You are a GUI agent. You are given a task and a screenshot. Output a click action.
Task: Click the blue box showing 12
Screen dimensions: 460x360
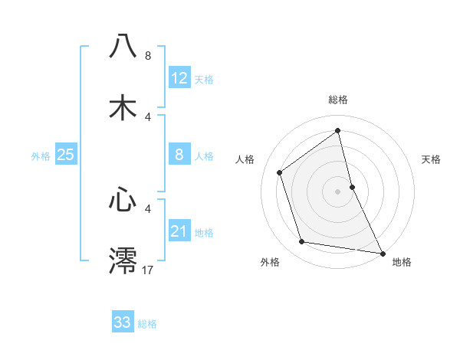(x=179, y=78)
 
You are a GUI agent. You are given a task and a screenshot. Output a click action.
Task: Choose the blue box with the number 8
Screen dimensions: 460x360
(x=179, y=155)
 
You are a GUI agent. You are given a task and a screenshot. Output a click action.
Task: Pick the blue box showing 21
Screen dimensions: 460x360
(x=179, y=231)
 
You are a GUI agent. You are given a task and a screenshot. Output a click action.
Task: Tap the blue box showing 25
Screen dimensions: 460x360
(x=66, y=155)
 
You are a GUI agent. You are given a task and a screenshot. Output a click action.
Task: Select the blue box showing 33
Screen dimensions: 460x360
(x=123, y=322)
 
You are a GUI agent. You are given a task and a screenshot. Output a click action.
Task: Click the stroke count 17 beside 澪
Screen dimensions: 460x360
(x=149, y=270)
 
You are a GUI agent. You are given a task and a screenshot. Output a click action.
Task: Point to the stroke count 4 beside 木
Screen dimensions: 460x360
(x=148, y=116)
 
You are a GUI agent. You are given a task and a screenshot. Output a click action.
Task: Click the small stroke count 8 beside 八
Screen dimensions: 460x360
(x=148, y=55)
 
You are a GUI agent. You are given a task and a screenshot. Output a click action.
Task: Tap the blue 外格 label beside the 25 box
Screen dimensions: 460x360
(x=41, y=156)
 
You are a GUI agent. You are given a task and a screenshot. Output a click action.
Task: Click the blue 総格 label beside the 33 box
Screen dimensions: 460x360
(x=147, y=324)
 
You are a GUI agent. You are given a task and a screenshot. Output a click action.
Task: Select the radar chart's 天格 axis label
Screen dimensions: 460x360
(x=432, y=159)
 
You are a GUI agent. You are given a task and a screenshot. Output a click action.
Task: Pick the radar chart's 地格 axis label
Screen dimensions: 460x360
(x=402, y=262)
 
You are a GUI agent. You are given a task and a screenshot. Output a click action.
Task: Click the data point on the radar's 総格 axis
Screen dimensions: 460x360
(x=338, y=131)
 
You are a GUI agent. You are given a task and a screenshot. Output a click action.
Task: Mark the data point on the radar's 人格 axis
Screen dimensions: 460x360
(x=280, y=172)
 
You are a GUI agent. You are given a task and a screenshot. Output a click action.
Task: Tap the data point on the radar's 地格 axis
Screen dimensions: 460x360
(x=382, y=252)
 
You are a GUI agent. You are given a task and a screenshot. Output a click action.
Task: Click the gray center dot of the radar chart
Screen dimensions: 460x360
(x=338, y=191)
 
